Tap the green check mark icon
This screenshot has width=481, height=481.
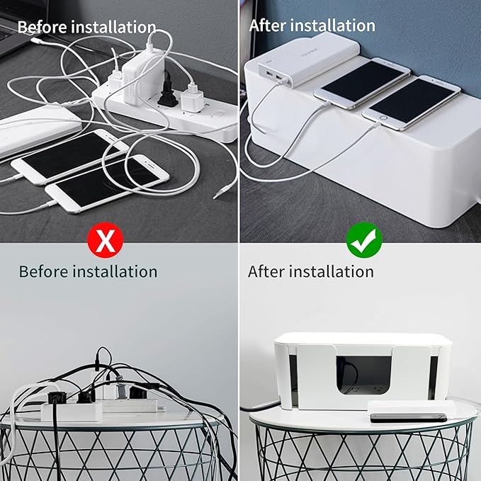point(365,241)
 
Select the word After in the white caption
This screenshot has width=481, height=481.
point(268,26)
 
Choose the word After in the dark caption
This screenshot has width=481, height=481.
point(266,271)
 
